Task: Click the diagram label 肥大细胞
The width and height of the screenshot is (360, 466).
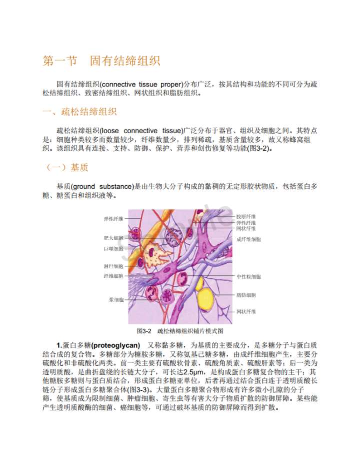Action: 113,238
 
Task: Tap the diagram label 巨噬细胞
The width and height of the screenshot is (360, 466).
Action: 113,248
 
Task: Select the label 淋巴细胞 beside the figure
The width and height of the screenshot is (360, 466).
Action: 113,266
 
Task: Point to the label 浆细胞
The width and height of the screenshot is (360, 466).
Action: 116,299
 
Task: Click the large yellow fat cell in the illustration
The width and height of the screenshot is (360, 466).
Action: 205,299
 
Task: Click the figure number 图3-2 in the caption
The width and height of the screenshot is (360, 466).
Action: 144,331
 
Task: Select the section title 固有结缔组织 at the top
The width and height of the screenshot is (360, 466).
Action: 125,61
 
